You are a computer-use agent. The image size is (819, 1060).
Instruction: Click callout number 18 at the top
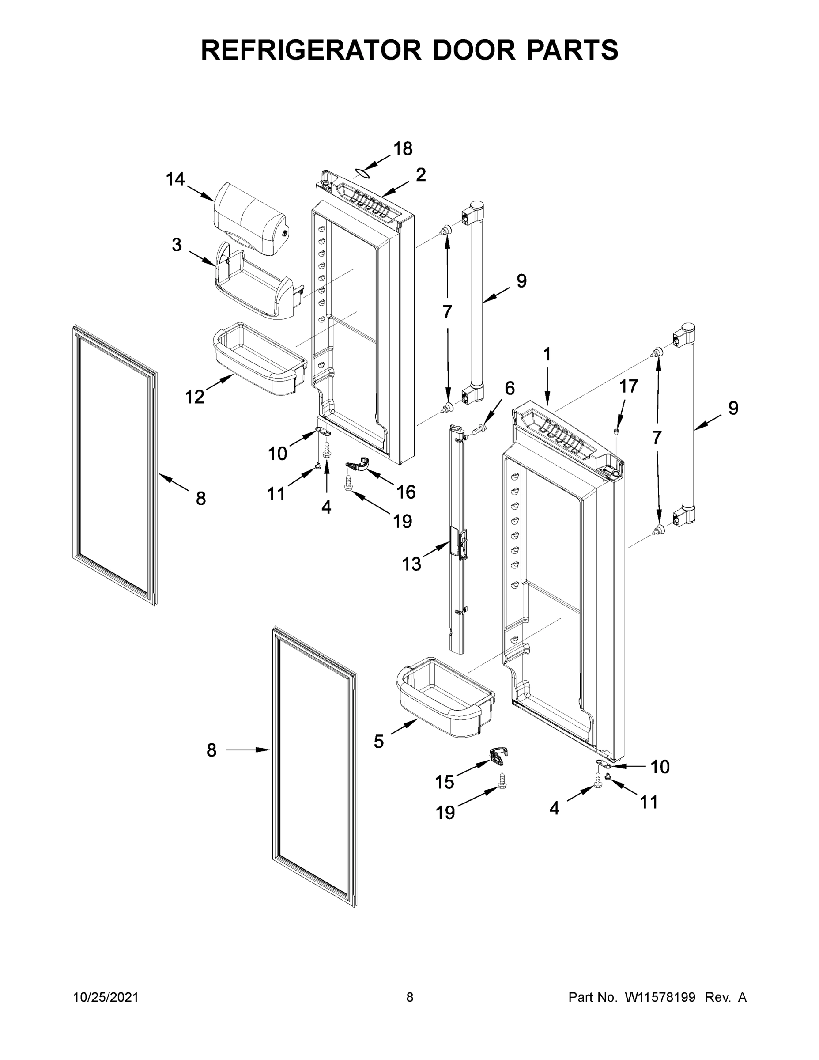pyautogui.click(x=403, y=149)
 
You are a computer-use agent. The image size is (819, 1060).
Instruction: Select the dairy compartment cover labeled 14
pyautogui.click(x=250, y=214)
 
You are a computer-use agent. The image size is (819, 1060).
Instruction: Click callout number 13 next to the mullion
pyautogui.click(x=411, y=564)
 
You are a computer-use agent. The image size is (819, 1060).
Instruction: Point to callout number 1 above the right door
pyautogui.click(x=547, y=354)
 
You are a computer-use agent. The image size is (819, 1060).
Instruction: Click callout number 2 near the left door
pyautogui.click(x=421, y=175)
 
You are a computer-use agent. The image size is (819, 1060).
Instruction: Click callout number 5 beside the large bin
pyautogui.click(x=379, y=741)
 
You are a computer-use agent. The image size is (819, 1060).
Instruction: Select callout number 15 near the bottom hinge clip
pyautogui.click(x=445, y=782)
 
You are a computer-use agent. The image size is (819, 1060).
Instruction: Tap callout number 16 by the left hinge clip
pyautogui.click(x=406, y=492)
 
